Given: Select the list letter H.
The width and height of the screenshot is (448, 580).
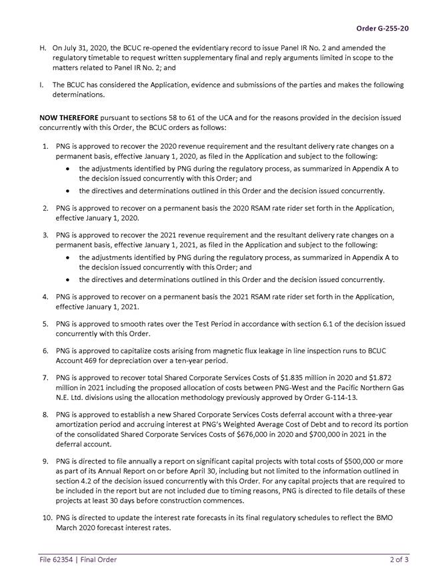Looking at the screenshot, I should coord(43,48).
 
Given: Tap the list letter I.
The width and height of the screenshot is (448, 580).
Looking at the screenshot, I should coord(43,85).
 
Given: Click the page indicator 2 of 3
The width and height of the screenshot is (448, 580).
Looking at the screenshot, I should coord(399,559).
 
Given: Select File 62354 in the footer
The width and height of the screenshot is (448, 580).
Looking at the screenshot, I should coord(57,559).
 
